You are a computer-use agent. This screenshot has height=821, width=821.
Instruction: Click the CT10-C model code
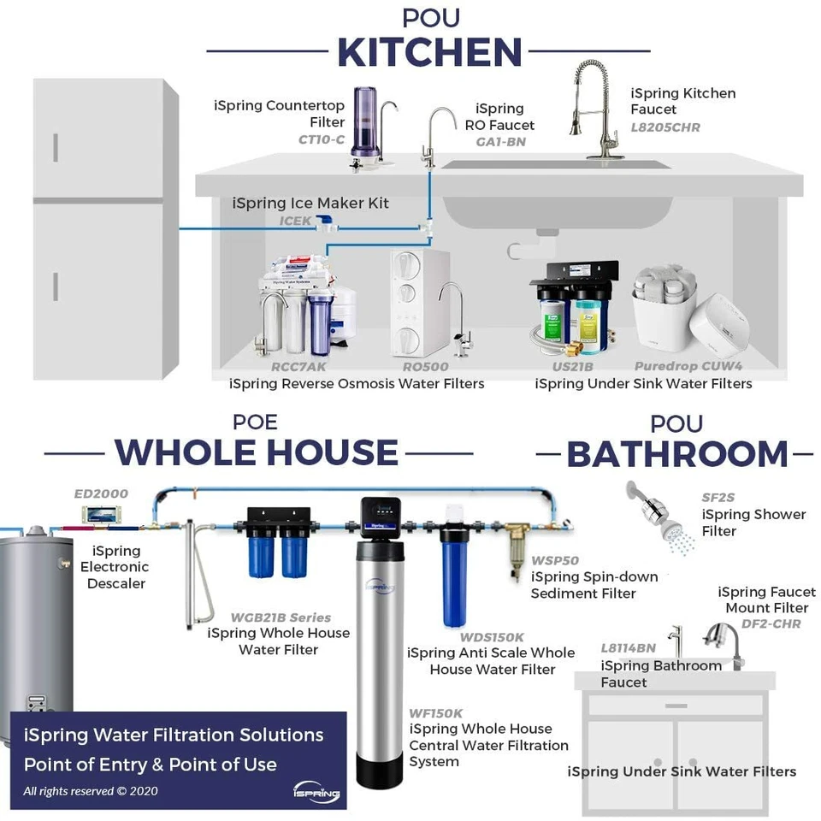[322, 139]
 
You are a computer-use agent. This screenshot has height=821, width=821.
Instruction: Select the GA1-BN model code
[500, 141]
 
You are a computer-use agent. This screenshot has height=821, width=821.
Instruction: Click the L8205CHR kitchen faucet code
[665, 127]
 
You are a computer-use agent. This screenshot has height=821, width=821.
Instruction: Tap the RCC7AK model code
[298, 367]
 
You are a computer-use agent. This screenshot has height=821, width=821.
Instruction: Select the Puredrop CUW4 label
[688, 367]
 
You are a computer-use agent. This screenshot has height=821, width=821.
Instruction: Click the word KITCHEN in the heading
[429, 52]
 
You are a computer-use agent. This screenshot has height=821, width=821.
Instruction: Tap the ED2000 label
[101, 493]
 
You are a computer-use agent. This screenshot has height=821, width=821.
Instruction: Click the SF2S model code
[718, 498]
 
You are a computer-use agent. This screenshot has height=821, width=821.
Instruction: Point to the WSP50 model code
[555, 561]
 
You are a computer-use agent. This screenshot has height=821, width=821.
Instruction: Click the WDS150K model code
[492, 636]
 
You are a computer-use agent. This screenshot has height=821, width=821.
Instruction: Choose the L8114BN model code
[629, 649]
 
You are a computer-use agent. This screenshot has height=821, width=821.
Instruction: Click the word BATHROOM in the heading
[677, 454]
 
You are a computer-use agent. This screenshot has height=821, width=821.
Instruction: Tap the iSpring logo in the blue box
[316, 791]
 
